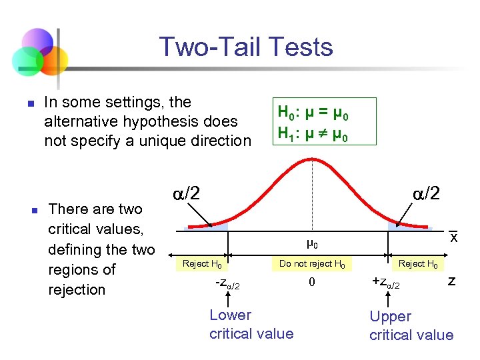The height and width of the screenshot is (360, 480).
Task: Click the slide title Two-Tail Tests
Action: point(246,47)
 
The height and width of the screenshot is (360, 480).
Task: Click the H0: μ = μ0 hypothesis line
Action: point(313,112)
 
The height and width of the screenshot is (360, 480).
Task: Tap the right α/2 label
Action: point(425,193)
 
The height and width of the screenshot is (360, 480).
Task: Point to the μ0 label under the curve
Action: point(312,244)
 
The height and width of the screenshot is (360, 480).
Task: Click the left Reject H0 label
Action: point(203,264)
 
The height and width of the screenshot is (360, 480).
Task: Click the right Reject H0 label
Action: point(418,264)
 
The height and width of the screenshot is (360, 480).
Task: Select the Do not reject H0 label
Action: point(312,264)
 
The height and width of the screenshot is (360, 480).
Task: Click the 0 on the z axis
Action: point(311,282)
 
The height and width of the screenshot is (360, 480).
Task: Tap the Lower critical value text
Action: point(251,324)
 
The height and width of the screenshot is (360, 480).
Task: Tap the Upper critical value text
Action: point(411,325)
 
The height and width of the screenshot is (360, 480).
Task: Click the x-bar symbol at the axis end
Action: point(453,237)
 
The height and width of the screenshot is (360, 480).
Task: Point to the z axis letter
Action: point(451,281)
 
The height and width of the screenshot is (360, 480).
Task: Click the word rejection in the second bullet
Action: point(77,289)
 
